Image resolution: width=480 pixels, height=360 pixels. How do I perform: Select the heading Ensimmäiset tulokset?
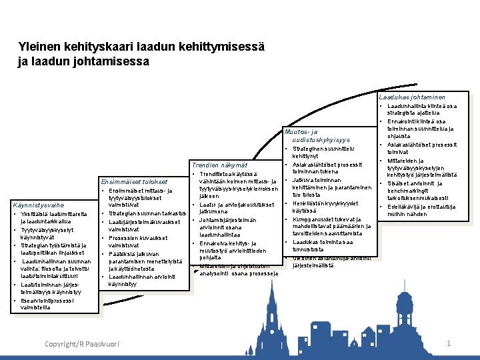pos(135,181)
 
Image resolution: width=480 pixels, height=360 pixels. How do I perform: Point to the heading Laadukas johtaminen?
pos(412,97)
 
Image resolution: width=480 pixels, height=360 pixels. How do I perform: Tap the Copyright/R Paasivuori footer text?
pos(81,343)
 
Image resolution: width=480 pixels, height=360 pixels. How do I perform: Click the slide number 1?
pos(449,343)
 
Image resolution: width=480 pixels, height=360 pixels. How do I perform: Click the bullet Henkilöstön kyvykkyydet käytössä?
pos(325,207)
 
